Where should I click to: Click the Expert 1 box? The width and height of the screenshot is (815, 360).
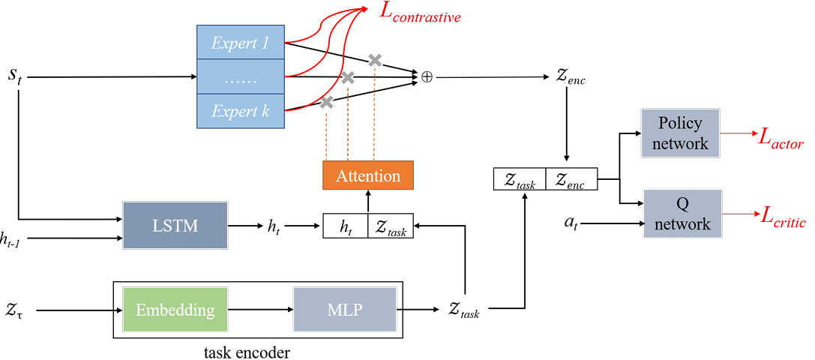pos(240,43)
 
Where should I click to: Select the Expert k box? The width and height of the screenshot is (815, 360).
pos(240,111)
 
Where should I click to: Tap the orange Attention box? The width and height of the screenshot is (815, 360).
pos(368,175)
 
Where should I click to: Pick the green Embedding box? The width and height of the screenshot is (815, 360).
pos(175,310)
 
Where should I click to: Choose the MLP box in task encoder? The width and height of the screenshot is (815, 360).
pos(345,310)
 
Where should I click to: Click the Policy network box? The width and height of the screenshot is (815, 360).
pos(679,133)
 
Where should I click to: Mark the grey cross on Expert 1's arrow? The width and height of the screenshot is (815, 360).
pos(375,60)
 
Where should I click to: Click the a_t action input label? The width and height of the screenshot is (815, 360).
pos(573,223)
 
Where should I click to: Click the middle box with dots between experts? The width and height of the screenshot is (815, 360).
pos(240,76)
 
